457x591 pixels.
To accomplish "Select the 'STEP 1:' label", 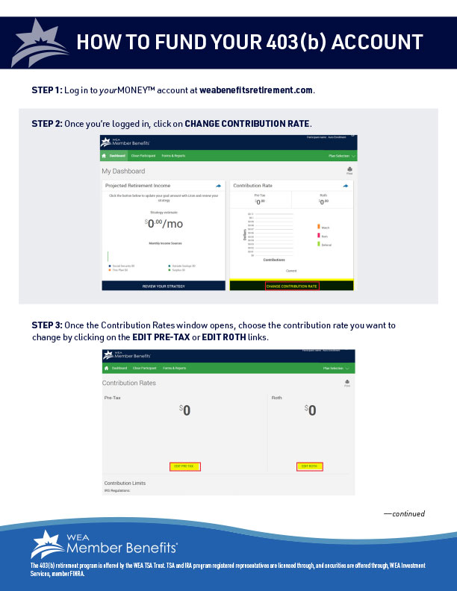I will (x=47, y=90).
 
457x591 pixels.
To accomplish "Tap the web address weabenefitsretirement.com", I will (x=256, y=90).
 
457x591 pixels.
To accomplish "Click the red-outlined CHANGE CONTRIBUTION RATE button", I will (x=292, y=286).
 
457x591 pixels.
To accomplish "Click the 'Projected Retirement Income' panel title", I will (x=137, y=185).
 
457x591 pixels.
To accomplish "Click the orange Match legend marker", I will (x=319, y=226).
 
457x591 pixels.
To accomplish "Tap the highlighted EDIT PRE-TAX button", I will (x=184, y=466).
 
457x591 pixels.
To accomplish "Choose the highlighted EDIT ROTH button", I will (x=308, y=466).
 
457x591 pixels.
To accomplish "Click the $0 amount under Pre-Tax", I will (x=185, y=410).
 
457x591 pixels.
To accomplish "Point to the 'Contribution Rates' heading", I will (x=129, y=383).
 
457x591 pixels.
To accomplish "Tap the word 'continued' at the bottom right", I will (x=406, y=513).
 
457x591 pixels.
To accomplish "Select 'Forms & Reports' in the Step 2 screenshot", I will (x=173, y=155).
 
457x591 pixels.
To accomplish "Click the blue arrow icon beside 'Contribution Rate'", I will (x=346, y=185).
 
